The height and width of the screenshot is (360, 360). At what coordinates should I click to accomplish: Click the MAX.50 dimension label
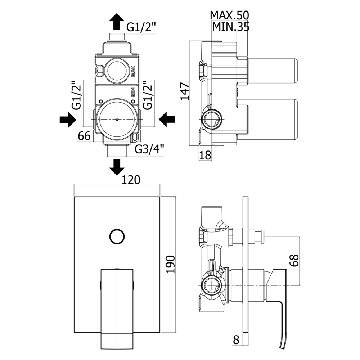click(229, 15)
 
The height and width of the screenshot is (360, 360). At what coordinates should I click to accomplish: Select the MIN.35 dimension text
click(231, 27)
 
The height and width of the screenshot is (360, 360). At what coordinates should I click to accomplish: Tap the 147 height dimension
click(185, 91)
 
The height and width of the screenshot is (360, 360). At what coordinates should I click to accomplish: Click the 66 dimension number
click(84, 136)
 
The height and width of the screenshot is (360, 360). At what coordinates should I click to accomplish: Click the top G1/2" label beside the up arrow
click(141, 27)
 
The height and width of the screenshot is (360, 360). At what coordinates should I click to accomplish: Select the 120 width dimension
click(131, 180)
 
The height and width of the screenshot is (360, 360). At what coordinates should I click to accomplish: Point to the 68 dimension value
click(294, 260)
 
